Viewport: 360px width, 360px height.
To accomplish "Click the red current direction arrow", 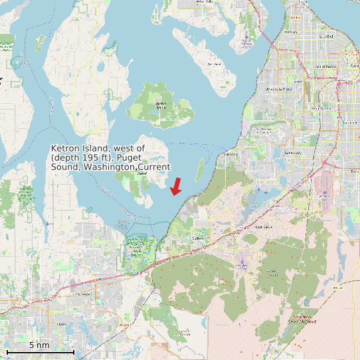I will (x=176, y=187).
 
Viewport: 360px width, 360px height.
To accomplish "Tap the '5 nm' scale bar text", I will (x=39, y=345).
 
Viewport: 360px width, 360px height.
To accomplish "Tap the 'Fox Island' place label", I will (x=213, y=64).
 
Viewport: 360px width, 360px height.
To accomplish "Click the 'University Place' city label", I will (x=278, y=88).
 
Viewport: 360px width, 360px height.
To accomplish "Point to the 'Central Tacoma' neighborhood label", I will (x=325, y=67).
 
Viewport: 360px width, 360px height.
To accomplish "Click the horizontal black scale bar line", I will (x=39, y=351).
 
